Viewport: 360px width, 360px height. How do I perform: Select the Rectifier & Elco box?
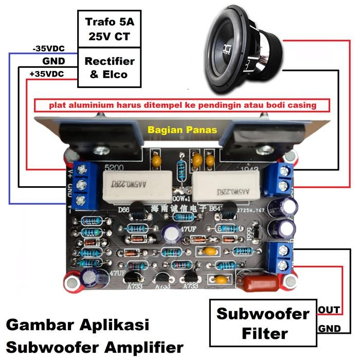point(110,68)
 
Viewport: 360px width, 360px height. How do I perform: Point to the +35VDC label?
point(47,74)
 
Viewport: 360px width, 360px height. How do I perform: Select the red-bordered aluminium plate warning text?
point(183,105)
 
